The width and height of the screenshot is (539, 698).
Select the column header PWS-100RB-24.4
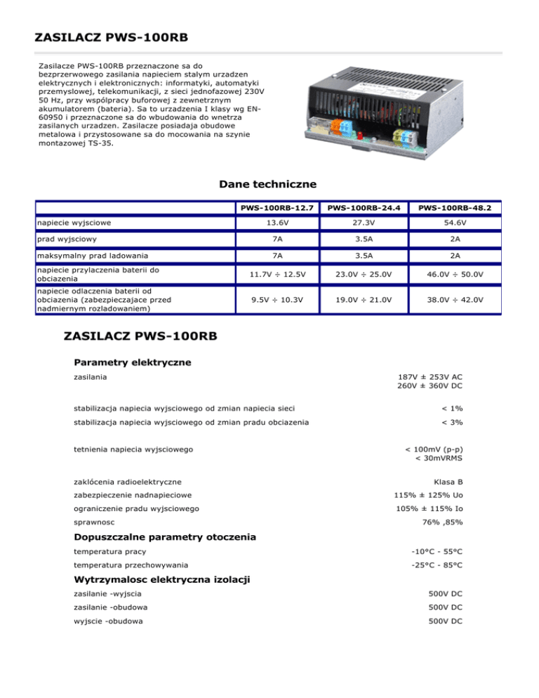[364, 208]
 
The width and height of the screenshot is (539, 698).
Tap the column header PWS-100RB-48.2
[453, 208]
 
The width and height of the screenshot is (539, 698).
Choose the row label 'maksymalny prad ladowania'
[93, 255]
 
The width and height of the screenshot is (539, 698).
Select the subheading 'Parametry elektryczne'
[133, 362]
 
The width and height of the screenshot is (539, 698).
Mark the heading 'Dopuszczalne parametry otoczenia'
[164, 536]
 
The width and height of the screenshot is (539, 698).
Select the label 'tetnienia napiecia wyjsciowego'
[134, 448]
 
